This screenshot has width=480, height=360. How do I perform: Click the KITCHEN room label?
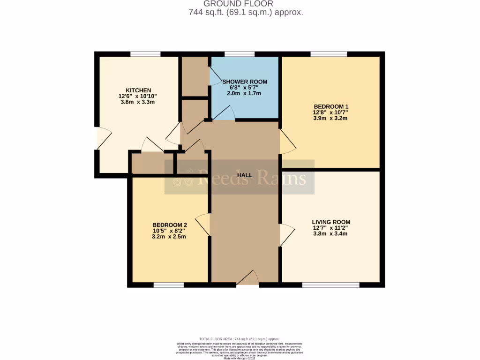coord(138,90)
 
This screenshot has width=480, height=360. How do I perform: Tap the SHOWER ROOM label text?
coord(245,82)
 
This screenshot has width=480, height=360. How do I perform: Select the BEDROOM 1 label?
coord(330,106)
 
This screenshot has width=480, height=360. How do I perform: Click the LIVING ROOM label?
coord(331,222)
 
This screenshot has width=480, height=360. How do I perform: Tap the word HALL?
coord(245,175)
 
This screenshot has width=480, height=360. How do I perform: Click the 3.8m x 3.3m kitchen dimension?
coord(138,102)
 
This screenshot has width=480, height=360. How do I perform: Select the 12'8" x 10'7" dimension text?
coord(330,112)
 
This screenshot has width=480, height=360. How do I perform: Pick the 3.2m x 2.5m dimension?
coord(169,237)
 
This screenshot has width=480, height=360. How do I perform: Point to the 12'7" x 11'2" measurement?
coord(331,228)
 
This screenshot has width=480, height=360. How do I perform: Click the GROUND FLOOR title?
coord(240,4)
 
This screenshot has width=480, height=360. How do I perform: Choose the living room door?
coord(286,234)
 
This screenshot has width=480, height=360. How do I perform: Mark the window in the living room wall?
coord(331,285)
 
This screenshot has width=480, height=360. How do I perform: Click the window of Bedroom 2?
coord(169,285)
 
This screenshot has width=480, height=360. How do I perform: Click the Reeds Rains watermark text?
coord(252,178)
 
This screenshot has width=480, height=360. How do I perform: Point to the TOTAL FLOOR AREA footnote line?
coord(240,339)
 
